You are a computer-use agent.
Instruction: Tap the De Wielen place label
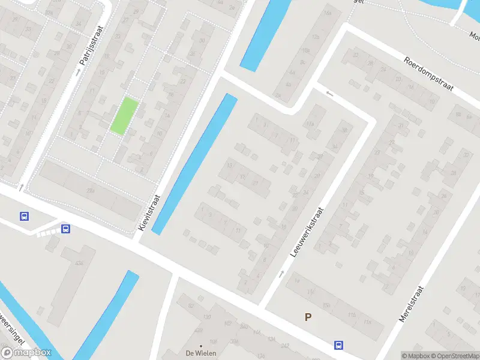tap(200, 353)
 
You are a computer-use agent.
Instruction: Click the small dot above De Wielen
tap(200, 346)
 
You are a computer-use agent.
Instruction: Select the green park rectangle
tap(124, 116)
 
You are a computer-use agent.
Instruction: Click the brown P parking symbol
tap(308, 317)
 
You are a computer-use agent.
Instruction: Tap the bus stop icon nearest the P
tap(339, 345)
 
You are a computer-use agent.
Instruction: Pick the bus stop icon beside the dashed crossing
tap(65, 229)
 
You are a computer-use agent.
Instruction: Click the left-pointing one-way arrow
tap(329, 94)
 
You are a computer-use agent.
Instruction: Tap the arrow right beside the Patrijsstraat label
tap(77, 73)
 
